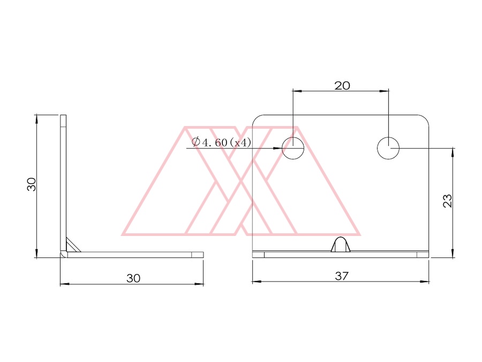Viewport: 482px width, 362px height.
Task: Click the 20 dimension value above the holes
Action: click(x=342, y=86)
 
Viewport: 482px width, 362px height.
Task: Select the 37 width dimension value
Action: click(x=342, y=276)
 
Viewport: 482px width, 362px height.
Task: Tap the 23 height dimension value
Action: click(x=448, y=201)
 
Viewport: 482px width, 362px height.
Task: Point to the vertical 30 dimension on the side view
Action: click(x=32, y=184)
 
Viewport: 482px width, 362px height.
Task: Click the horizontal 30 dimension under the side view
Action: click(x=133, y=278)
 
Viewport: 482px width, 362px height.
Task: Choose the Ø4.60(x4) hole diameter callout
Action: click(x=221, y=142)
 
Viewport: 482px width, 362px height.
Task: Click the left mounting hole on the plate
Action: click(x=293, y=148)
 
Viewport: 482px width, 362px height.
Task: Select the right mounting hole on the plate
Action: click(x=388, y=148)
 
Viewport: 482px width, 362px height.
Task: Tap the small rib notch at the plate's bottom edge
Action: click(x=341, y=244)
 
